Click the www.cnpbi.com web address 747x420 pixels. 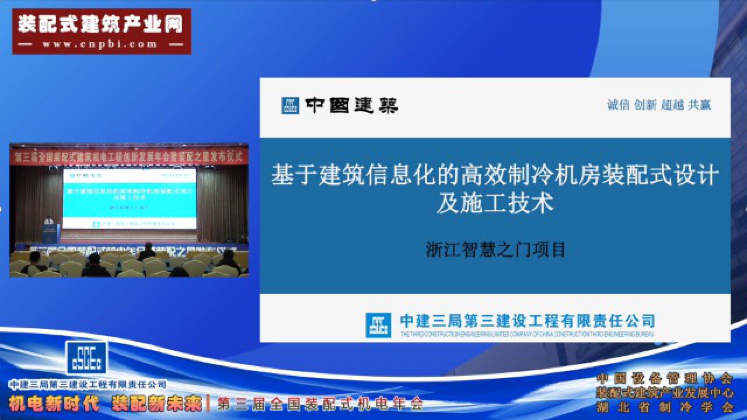click(x=100, y=44)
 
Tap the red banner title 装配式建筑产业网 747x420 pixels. click(x=100, y=24)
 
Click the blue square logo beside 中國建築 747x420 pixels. click(x=290, y=105)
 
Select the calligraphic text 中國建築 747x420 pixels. click(x=351, y=105)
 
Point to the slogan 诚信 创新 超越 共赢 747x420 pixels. click(x=659, y=105)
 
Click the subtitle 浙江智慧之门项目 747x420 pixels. click(x=495, y=250)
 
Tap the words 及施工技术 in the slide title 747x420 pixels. click(x=495, y=204)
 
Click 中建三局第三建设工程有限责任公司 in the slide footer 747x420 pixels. click(x=527, y=320)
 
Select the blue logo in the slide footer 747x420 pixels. click(x=378, y=325)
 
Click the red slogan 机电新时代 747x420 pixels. click(x=54, y=404)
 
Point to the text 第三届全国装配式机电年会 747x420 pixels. click(x=320, y=404)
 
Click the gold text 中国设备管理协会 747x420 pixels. click(x=664, y=378)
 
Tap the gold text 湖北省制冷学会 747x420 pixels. click(x=664, y=407)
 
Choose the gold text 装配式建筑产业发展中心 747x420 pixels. click(x=664, y=393)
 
